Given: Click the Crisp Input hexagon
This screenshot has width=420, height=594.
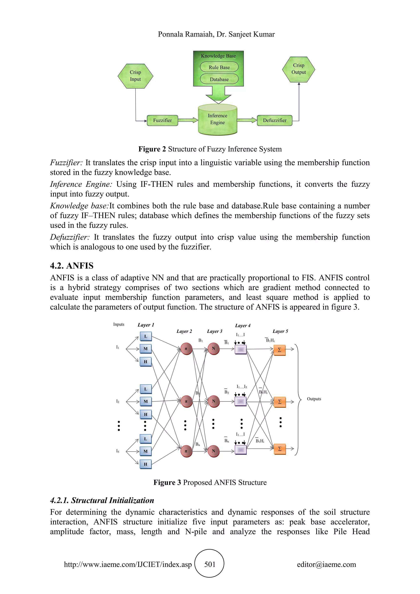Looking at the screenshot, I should (135, 76).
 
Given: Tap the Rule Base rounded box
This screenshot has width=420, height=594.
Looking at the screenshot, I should (219, 67).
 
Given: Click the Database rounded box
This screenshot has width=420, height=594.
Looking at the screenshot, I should (219, 79).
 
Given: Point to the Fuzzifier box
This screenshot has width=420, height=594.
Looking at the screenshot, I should (162, 121).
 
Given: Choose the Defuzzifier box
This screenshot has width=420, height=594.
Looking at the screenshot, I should (274, 121).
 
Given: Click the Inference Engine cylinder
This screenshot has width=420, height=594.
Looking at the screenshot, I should (218, 120).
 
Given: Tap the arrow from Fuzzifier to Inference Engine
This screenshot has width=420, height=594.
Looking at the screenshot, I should (188, 120).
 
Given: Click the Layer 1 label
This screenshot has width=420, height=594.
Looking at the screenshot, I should (146, 325).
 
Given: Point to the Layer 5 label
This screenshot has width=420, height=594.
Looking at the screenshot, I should (280, 331).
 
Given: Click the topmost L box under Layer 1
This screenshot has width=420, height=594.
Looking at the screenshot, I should (146, 336).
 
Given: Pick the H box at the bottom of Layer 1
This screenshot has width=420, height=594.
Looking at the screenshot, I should (146, 464).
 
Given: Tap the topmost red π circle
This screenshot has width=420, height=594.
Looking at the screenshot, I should (186, 349).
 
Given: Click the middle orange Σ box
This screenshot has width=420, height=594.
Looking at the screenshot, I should (280, 402).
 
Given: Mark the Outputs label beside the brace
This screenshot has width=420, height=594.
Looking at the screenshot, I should (314, 399).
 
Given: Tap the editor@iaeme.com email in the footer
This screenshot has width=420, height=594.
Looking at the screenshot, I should (326, 564).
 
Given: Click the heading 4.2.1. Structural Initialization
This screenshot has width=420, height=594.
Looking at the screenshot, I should (102, 500).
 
